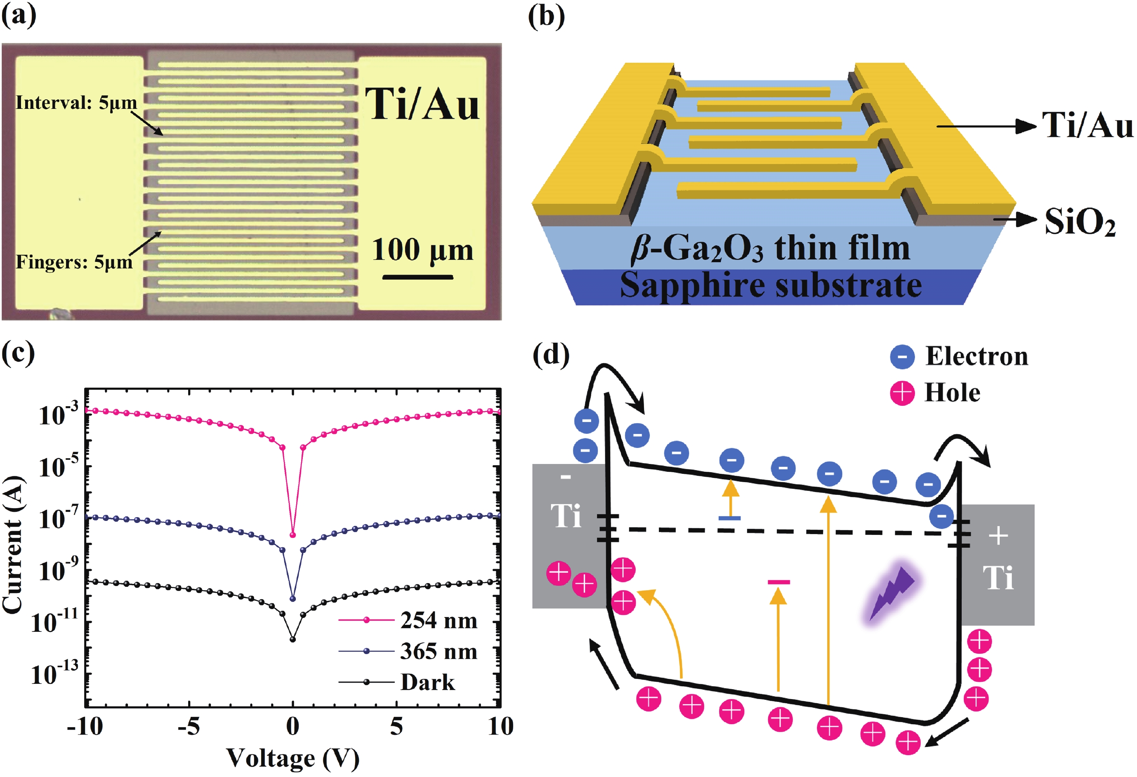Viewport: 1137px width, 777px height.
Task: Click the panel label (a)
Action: [19, 16]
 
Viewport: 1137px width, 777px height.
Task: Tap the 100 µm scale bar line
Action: [418, 277]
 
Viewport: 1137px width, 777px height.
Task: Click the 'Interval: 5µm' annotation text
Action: [76, 103]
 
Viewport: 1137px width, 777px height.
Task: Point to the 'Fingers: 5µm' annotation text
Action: [74, 262]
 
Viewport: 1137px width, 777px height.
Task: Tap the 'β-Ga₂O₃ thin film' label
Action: [770, 248]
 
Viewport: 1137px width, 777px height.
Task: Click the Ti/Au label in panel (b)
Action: [1087, 125]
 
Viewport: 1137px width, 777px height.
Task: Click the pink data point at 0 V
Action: [293, 535]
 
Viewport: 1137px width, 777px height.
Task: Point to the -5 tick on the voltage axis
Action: [189, 727]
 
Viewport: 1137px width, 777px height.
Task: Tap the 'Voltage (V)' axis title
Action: [293, 758]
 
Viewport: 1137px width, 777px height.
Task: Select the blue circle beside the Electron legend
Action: [902, 356]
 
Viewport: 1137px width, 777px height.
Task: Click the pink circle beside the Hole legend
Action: [902, 393]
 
